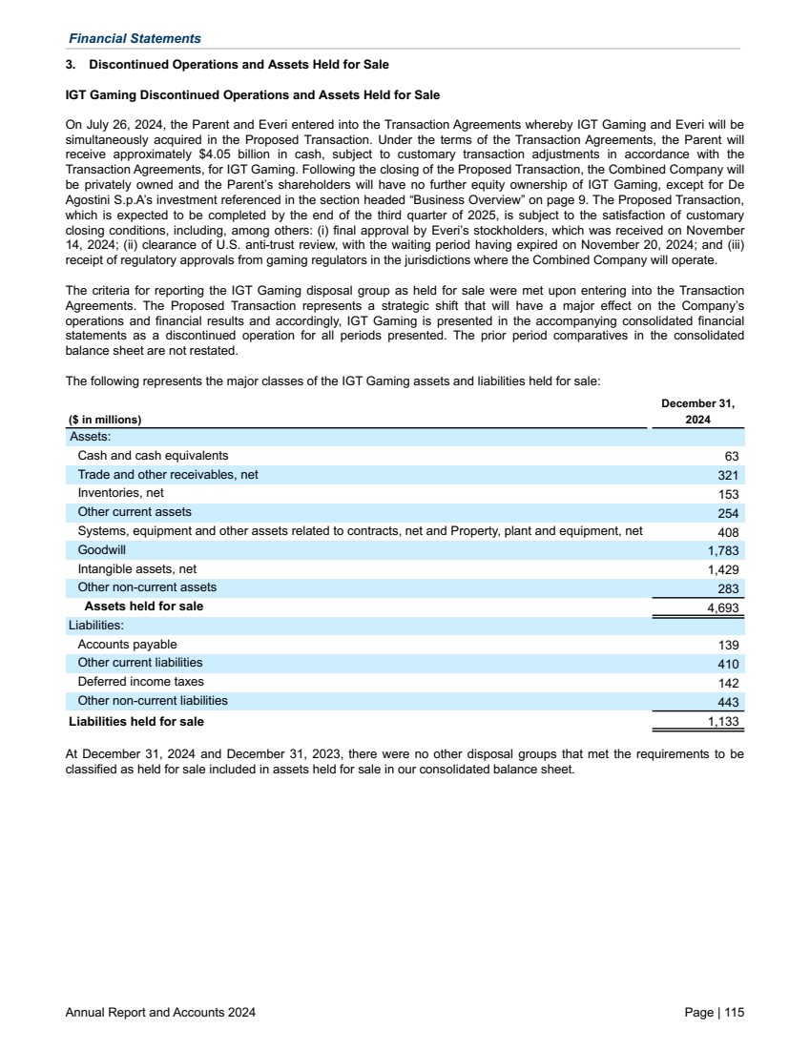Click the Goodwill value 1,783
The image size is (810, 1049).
pos(722,551)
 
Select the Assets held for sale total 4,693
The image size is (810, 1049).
pos(722,607)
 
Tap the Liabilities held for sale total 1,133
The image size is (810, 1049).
pos(722,722)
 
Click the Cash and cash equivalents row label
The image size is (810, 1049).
pos(153,456)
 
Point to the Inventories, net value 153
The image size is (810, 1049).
pos(728,494)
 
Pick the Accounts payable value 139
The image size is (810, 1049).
pos(728,646)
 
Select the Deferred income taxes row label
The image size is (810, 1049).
pos(140,682)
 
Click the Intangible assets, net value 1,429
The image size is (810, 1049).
pos(722,570)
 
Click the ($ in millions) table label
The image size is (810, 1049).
pos(105,420)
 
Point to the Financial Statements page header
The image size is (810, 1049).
pos(135,39)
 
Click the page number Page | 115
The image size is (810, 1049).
pos(714,1013)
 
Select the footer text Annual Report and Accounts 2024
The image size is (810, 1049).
pos(160,1013)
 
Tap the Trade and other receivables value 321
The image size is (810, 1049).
pos(728,475)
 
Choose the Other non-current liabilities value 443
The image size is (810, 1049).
pos(728,702)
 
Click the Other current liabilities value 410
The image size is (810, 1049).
pos(728,664)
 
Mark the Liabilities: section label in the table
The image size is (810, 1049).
pos(94,626)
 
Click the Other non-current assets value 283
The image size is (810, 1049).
pos(728,588)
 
